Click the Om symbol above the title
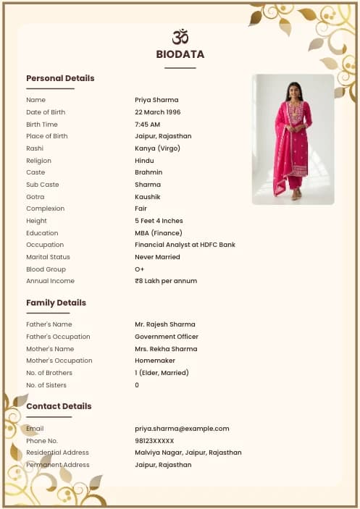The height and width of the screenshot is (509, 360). point(180,36)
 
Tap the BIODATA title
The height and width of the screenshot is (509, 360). point(180,54)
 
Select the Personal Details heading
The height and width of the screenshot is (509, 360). point(60,78)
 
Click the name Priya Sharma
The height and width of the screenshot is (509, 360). point(156,100)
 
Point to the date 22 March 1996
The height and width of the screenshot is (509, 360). point(158,112)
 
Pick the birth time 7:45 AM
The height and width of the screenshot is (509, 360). point(148,125)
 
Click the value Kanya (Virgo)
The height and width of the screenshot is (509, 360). point(157,148)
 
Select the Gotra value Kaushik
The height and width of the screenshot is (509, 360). point(148,197)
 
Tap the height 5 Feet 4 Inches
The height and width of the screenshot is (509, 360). point(159,221)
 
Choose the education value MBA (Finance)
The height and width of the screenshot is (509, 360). point(159,233)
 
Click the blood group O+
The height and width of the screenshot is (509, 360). point(140,269)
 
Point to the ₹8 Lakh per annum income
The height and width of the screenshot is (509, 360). point(166,281)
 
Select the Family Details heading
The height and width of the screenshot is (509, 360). point(56,303)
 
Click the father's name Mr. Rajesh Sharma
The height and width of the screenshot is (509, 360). point(165,324)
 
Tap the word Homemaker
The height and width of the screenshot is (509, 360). point(154,361)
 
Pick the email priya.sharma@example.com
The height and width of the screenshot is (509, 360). point(182,429)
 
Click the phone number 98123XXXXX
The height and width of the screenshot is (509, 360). point(154,441)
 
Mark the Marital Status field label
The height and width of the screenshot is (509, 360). point(48,257)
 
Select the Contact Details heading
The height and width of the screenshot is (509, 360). point(59,406)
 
